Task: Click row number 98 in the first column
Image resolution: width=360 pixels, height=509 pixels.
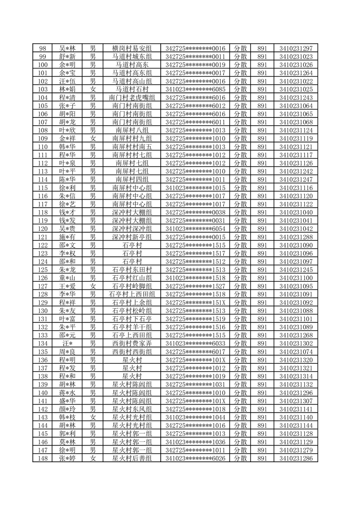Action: tap(43, 49)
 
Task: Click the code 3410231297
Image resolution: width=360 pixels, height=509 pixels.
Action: tap(296, 49)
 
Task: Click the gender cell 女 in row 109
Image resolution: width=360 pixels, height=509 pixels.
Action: tap(93, 138)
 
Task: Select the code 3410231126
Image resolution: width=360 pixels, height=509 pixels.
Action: tap(296, 163)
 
